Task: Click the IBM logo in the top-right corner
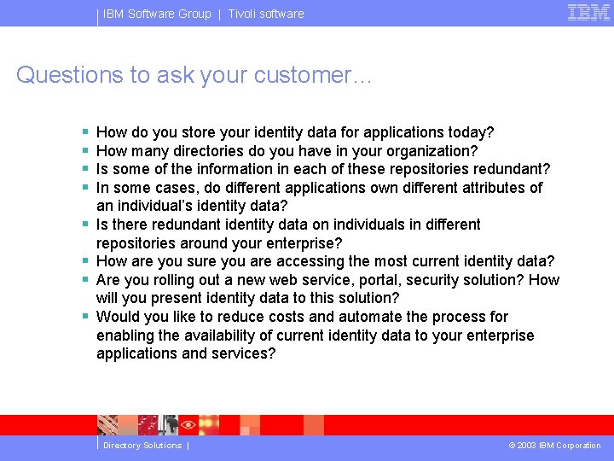click(x=588, y=13)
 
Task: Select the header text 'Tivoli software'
click(x=265, y=14)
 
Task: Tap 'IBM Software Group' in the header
click(x=157, y=14)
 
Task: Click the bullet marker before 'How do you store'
click(x=85, y=132)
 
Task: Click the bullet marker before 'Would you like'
click(x=85, y=317)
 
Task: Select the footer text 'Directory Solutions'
click(x=142, y=446)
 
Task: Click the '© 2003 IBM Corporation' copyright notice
click(x=554, y=446)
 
